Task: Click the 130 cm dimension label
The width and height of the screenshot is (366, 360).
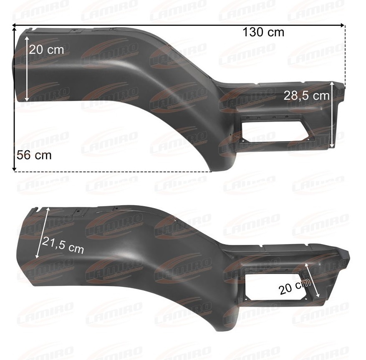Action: point(263,32)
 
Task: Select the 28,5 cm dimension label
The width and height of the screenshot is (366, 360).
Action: point(306,96)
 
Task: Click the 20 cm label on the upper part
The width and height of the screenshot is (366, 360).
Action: point(46,50)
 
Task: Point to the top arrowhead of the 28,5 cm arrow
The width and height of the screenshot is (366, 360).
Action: point(332,83)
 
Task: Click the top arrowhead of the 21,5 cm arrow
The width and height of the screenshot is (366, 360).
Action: point(49,209)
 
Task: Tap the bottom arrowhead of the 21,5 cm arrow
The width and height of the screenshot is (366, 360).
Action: point(37,257)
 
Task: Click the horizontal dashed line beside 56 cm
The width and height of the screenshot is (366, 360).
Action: point(113,171)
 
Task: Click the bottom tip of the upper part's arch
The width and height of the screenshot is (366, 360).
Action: point(210,170)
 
